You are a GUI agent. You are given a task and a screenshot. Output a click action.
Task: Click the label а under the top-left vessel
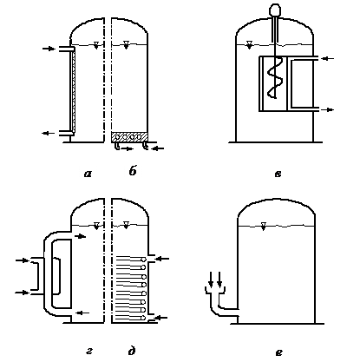[88, 174]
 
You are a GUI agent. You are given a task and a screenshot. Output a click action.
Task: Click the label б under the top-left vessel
[133, 171]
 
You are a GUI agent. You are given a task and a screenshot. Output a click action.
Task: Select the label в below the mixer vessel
[278, 174]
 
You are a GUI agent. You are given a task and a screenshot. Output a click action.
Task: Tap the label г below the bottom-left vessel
[89, 352]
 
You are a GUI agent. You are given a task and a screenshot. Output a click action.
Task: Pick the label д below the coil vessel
[132, 351]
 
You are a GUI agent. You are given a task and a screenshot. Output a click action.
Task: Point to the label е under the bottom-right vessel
[279, 352]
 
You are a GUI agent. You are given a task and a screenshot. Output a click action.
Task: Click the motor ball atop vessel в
[274, 10]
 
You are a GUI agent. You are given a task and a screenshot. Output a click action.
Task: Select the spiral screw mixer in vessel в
[274, 79]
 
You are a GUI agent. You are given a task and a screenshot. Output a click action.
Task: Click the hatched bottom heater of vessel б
[129, 136]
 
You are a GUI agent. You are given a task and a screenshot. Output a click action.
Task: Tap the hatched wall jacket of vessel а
[73, 90]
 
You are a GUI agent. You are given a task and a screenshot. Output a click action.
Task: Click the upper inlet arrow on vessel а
[49, 49]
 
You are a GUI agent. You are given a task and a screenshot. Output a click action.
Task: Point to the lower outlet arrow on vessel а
[49, 133]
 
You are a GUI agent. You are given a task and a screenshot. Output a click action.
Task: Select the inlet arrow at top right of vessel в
[328, 58]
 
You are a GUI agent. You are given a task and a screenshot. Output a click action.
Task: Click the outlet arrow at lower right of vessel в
[328, 109]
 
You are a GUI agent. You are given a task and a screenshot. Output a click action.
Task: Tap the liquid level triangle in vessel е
[263, 226]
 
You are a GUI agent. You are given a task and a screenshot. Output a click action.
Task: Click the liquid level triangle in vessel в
[249, 45]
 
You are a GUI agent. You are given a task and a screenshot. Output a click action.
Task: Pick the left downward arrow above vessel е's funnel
[211, 279]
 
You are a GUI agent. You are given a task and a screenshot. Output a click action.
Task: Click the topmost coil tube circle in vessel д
[142, 260]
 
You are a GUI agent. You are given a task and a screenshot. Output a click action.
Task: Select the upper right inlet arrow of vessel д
[163, 259]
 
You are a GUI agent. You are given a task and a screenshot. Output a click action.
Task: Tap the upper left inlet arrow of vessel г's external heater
[23, 260]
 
